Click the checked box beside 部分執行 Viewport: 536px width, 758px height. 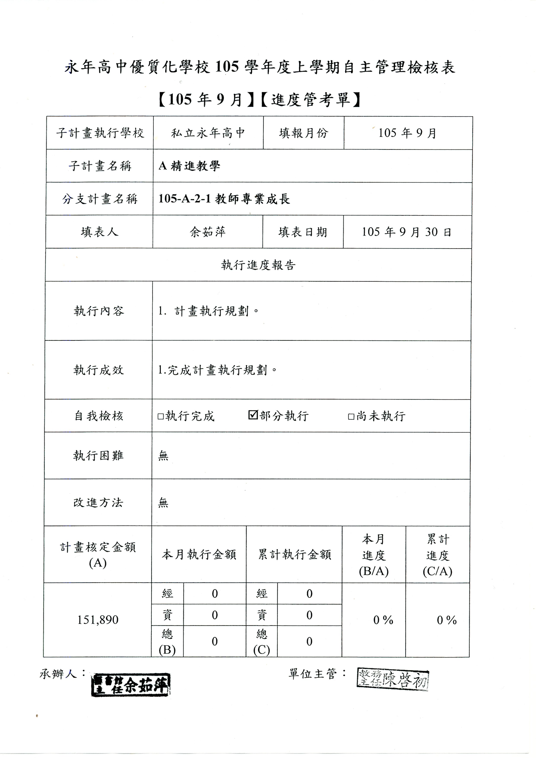coord(253,415)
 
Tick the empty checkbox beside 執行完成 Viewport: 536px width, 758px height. coord(161,416)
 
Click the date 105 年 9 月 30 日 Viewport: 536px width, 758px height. coord(407,232)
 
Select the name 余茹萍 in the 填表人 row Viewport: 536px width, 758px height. coord(208,232)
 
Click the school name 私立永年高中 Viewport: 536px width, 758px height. coord(208,133)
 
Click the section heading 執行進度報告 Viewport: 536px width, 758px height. coord(258,265)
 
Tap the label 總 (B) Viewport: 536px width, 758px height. coord(167,642)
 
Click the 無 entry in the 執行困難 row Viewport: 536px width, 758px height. coord(163,456)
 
